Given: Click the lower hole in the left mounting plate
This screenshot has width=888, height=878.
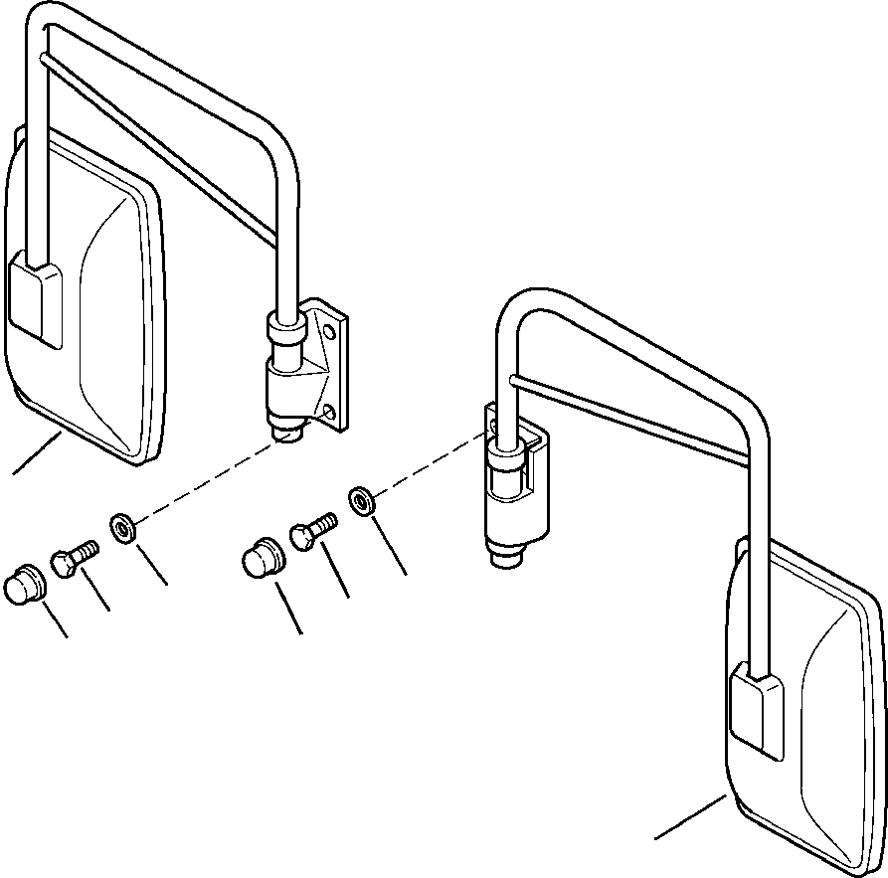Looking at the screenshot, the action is (x=331, y=411).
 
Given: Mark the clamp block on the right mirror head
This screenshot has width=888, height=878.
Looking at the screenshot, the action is (x=757, y=711).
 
